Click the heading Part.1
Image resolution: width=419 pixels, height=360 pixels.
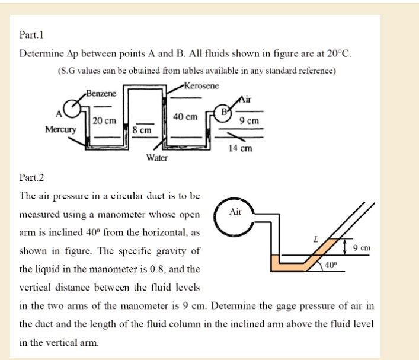click(x=31, y=35)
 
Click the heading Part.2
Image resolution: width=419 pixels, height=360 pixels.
click(x=31, y=177)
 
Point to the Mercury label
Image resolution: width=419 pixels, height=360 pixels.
click(x=60, y=129)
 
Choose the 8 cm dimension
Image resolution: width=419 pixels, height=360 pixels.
click(x=142, y=129)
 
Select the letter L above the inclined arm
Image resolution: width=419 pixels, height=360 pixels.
click(x=316, y=238)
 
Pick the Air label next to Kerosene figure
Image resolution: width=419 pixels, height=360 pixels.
click(x=247, y=100)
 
